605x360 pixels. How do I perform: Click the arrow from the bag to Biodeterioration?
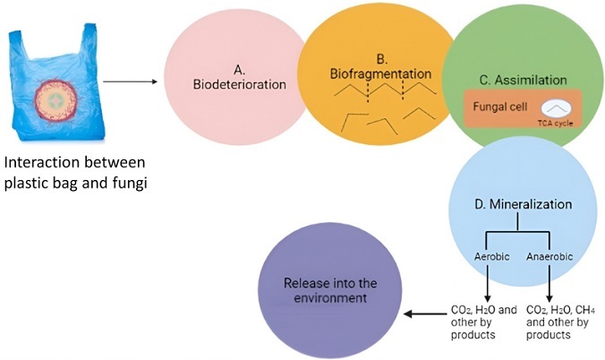click(x=131, y=83)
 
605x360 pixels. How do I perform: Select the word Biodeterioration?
click(x=239, y=86)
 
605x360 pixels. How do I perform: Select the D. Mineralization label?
click(x=524, y=205)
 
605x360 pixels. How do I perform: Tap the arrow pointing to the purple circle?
click(x=426, y=314)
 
